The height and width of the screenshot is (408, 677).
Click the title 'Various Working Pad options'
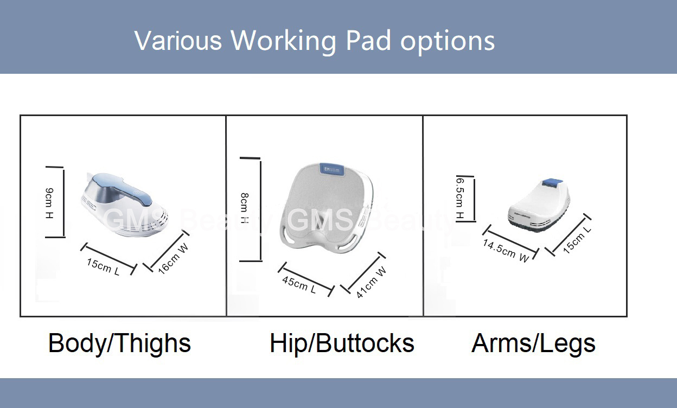coord(314,41)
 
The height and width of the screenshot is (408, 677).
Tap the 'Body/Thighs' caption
coord(120,343)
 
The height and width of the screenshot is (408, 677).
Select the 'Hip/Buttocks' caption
coord(342,343)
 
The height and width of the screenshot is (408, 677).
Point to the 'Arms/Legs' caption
coord(533,343)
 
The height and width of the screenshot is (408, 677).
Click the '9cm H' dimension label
coord(49,203)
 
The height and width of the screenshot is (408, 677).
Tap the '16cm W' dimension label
coord(173,258)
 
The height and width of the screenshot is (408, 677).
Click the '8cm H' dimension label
coord(245,208)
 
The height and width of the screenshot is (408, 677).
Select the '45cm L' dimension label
coord(299,285)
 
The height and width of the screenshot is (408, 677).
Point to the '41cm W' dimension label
coord(371,282)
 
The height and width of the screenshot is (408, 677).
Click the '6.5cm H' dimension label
coord(459,198)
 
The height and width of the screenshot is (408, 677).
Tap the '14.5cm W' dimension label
coord(506,251)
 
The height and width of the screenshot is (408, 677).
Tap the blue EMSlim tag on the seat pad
coord(331,169)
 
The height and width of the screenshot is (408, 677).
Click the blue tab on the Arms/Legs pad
coord(552,182)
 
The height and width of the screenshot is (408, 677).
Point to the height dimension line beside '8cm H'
coord(260,209)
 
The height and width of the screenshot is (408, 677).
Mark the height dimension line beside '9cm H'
coord(64,202)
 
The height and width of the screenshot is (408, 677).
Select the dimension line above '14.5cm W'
coord(511,241)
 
